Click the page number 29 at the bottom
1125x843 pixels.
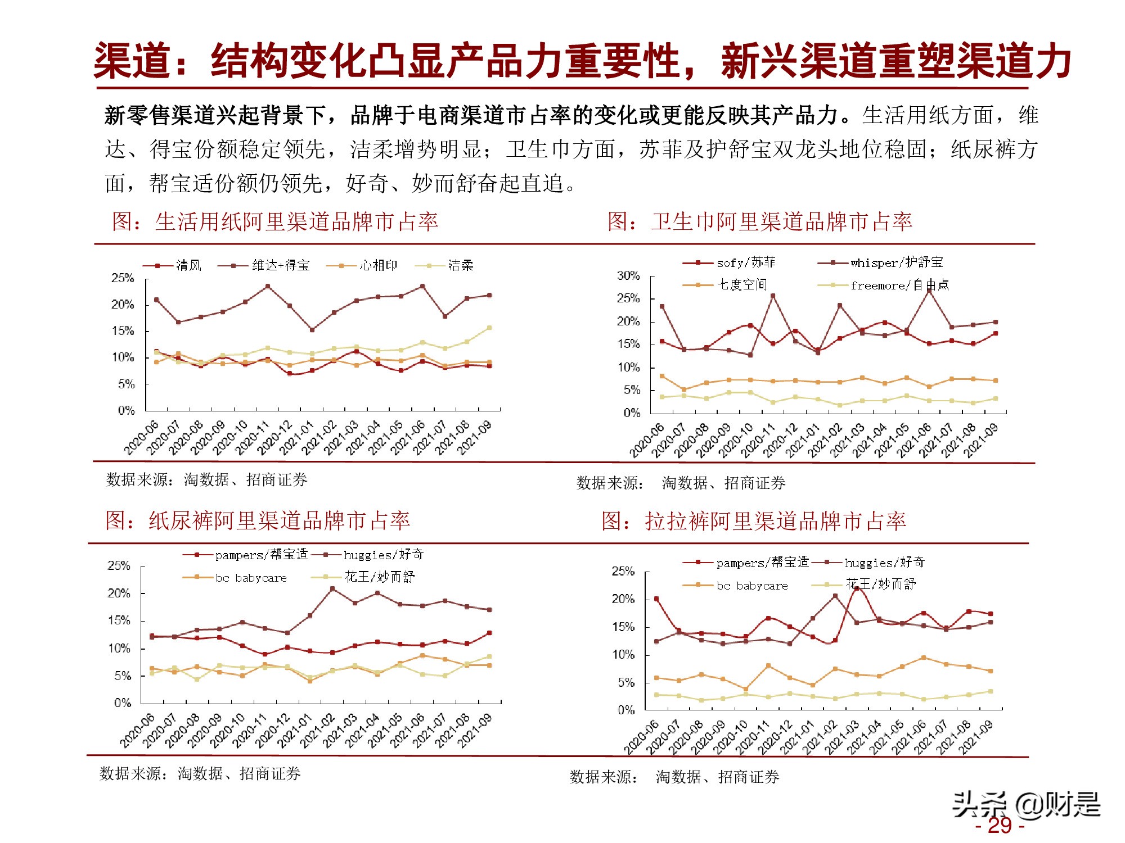click(1000, 826)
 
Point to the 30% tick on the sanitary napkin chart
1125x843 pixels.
click(628, 275)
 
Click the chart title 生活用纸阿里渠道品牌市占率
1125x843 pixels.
click(296, 222)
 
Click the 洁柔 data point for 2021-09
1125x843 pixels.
click(489, 328)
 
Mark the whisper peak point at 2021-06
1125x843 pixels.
click(929, 291)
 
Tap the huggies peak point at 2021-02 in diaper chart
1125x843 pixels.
click(332, 588)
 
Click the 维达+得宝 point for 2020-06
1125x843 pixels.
click(156, 300)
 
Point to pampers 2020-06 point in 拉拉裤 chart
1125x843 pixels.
click(656, 599)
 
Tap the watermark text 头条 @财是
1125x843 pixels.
click(1025, 805)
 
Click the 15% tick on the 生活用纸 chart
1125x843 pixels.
click(123, 331)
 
